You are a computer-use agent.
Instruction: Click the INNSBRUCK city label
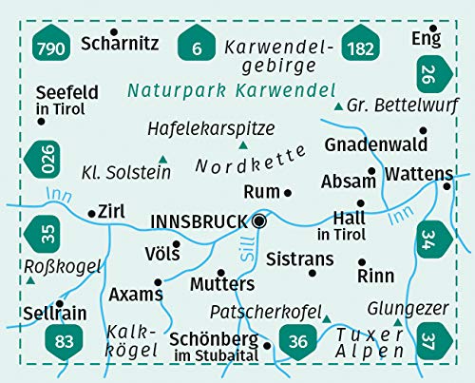pyautogui.click(x=199, y=221)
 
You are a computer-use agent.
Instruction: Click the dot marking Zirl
pyautogui.click(x=91, y=214)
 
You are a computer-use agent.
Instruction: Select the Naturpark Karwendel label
pyautogui.click(x=231, y=91)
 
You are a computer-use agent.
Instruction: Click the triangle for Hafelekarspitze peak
pyautogui.click(x=243, y=144)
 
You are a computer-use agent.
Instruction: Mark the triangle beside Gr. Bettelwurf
pyautogui.click(x=338, y=105)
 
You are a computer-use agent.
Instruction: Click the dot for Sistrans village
pyautogui.click(x=313, y=274)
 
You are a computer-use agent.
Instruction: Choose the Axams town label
pyautogui.click(x=130, y=294)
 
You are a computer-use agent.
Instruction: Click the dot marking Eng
pyautogui.click(x=432, y=29)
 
